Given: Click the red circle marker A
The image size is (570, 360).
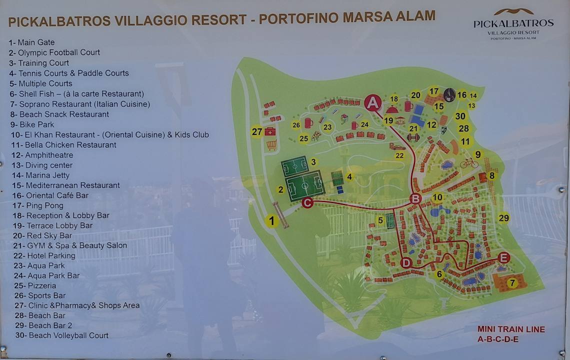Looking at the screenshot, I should click(372, 103).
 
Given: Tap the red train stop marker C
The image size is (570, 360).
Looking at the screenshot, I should click(307, 202).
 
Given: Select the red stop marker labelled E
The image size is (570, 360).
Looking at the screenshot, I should click(504, 257).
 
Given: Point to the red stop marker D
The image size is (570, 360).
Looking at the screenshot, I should click(406, 262).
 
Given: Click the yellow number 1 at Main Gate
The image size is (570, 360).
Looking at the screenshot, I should click(271, 220).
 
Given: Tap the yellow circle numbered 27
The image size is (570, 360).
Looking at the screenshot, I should click(257, 131).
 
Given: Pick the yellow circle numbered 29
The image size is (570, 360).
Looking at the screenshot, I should click(503, 218).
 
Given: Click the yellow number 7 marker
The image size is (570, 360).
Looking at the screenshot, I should click(511, 283).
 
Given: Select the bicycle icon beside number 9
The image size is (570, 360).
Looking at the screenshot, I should click(468, 163).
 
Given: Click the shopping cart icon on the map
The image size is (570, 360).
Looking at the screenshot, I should click(271, 145).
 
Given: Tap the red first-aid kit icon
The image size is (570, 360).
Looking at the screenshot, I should click(270, 131).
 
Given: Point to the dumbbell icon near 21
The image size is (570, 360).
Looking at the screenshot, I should click(413, 137).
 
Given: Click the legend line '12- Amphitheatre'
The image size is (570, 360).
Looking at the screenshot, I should click(42, 155).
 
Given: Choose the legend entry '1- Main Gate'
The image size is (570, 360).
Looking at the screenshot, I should click(31, 42).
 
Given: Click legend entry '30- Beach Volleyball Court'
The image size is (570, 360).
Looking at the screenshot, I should click(61, 335).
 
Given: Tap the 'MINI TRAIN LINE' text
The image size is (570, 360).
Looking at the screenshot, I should click(511, 329).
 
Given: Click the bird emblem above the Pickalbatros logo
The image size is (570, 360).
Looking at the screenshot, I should click(513, 11).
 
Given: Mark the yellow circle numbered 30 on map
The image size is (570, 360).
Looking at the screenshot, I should click(460, 115).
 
